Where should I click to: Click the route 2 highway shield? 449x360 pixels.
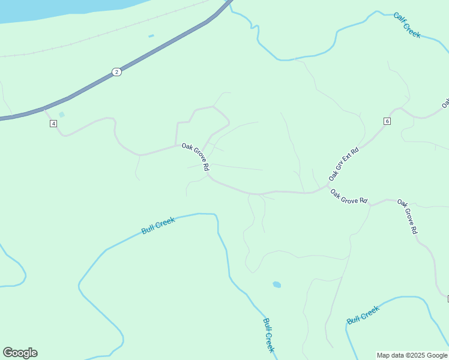116,72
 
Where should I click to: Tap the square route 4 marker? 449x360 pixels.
53,124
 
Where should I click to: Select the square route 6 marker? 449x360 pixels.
387,121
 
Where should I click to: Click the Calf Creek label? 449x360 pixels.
407,25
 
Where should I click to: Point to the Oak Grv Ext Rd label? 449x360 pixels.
343,164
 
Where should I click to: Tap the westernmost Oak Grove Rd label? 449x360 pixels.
195,155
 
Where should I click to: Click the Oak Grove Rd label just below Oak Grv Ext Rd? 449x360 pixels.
349,196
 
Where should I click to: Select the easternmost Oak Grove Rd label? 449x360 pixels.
407,217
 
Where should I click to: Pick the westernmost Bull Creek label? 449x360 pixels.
158,226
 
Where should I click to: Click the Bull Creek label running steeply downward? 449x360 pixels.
268,335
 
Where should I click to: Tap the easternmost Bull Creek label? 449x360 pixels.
363,315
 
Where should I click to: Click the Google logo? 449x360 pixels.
20,353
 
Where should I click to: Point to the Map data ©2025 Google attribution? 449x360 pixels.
412,355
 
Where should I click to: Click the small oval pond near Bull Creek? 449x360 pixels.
277,284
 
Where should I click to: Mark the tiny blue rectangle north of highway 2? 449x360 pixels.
151,36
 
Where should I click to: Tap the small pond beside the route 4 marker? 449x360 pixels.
62,115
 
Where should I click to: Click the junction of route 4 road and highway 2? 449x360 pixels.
44,109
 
